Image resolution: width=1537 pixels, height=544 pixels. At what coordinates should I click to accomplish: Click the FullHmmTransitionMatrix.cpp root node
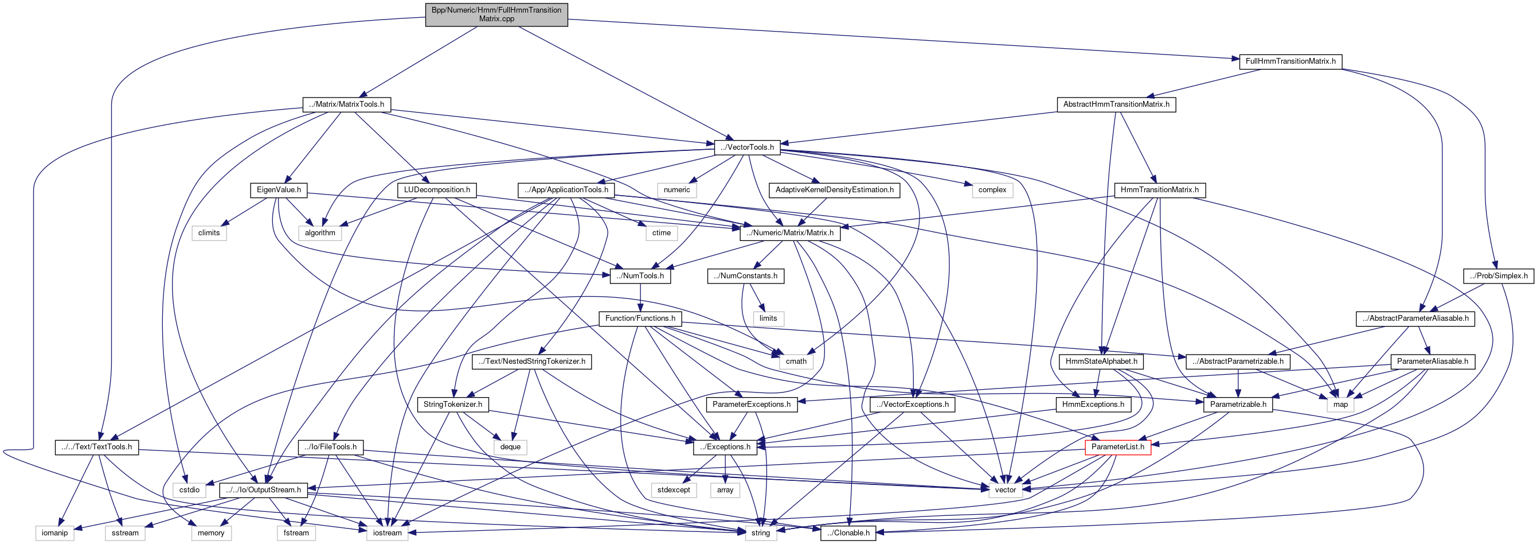[x=496, y=14]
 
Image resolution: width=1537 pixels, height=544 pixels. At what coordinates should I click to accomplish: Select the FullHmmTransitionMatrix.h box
[x=1290, y=61]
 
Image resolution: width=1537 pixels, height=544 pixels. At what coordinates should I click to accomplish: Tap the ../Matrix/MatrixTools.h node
[x=347, y=104]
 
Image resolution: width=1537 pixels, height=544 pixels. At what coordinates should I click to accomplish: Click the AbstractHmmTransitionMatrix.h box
[x=1116, y=104]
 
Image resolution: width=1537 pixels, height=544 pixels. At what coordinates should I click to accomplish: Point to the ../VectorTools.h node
[x=747, y=147]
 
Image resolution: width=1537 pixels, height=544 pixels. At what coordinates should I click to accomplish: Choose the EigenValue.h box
[x=279, y=190]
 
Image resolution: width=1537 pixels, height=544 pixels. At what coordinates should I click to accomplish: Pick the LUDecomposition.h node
[x=437, y=190]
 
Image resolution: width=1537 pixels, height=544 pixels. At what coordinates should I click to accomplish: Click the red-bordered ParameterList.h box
[x=1117, y=446]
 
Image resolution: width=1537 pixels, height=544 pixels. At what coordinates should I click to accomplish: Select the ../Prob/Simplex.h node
[x=1498, y=276]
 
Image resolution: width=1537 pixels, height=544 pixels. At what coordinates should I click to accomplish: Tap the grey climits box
[x=209, y=233]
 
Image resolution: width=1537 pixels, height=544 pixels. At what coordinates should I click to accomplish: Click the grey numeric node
[x=676, y=190]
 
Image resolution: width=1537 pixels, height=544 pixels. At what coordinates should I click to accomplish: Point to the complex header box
[x=992, y=190]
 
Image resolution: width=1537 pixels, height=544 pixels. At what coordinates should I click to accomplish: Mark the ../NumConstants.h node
[x=745, y=276]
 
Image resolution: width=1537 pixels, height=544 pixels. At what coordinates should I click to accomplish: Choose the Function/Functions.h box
[x=640, y=318]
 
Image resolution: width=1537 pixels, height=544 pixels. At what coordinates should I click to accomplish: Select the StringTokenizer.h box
[x=453, y=404]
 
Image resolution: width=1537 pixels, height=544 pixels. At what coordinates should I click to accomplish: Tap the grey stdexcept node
[x=674, y=489]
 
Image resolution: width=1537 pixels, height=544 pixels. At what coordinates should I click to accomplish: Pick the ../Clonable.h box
[x=848, y=533]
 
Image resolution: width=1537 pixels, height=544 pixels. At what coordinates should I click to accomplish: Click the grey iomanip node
[x=55, y=533]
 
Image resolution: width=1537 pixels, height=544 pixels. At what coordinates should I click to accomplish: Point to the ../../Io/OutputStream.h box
[x=263, y=489]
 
